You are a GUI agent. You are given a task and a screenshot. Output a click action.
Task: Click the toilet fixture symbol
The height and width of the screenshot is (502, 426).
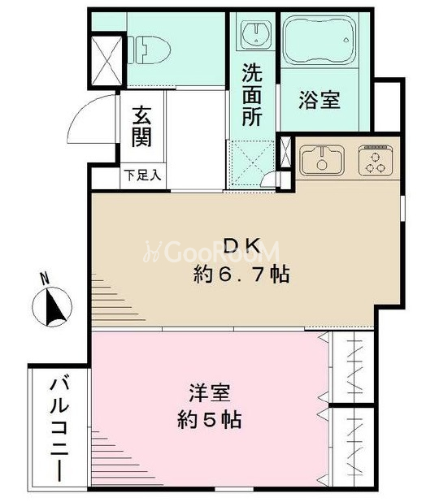[149, 50]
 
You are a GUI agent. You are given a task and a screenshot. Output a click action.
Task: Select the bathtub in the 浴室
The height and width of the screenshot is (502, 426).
[320, 39]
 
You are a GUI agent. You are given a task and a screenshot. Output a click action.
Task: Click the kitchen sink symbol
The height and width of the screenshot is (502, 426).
[322, 160]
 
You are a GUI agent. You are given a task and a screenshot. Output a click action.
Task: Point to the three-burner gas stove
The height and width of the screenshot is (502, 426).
[376, 160]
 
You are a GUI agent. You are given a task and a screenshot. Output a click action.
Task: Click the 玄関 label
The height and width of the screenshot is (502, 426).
[142, 126]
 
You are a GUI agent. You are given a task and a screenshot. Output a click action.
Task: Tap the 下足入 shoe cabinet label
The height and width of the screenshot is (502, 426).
[142, 175]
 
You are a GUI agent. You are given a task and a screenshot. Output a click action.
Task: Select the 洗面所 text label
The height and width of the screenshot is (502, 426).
[252, 95]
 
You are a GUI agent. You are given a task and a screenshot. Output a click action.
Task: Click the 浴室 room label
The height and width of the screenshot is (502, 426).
[319, 100]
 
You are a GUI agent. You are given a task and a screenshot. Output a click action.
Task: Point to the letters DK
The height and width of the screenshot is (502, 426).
[241, 246]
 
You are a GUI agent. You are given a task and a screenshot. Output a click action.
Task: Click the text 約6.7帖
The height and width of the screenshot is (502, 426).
[241, 275]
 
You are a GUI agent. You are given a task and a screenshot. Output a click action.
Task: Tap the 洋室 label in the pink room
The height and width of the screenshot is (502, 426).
[210, 393]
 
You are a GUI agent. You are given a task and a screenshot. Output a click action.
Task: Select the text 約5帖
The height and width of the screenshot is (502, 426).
[210, 420]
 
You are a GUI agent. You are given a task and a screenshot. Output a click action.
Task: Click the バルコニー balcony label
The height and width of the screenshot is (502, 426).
[59, 430]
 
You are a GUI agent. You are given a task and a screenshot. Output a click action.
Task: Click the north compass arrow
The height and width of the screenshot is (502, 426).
[55, 307]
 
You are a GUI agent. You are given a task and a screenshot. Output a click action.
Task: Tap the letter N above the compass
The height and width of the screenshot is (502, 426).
[44, 279]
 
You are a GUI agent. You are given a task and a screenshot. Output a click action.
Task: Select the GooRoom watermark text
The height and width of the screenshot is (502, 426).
[212, 252]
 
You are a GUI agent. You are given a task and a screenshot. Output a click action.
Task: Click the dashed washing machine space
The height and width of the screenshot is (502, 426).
[252, 163]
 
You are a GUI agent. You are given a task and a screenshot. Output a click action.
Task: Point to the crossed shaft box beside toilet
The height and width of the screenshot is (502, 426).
[106, 61]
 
